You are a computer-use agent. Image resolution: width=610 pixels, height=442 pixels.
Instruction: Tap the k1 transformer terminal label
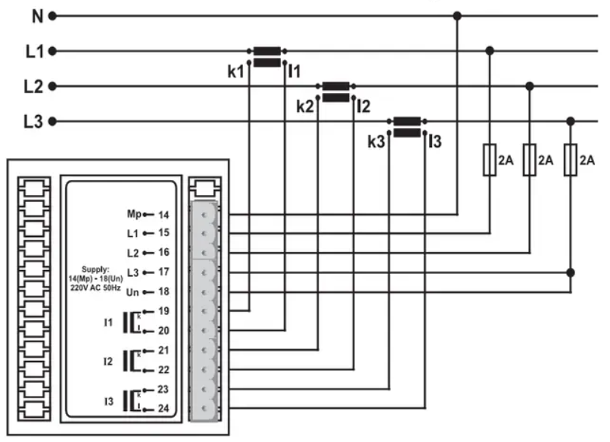point(237,72)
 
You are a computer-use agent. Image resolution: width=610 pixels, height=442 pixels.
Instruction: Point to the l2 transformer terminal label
point(363,107)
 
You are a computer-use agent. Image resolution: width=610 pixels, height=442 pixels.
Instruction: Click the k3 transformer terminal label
point(376,142)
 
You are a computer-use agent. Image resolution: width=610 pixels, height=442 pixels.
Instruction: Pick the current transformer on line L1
point(267,57)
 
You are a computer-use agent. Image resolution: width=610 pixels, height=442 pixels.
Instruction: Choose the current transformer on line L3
point(407,126)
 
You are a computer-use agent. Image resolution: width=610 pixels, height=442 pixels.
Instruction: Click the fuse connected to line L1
point(490,160)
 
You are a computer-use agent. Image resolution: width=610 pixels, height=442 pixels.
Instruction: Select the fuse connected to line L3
point(571,160)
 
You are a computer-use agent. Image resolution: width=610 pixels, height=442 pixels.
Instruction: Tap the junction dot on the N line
point(457,15)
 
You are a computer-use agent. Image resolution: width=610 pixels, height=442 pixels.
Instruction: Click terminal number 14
point(164,215)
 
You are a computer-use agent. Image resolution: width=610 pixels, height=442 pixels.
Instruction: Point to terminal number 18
point(164,291)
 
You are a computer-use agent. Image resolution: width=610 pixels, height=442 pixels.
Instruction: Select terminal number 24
point(164,409)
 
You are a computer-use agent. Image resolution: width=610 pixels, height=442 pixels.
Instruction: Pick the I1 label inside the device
point(108,322)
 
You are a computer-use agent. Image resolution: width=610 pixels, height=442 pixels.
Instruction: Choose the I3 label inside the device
point(108,400)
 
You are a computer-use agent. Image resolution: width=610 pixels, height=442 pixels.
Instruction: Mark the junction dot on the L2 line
point(530,86)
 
